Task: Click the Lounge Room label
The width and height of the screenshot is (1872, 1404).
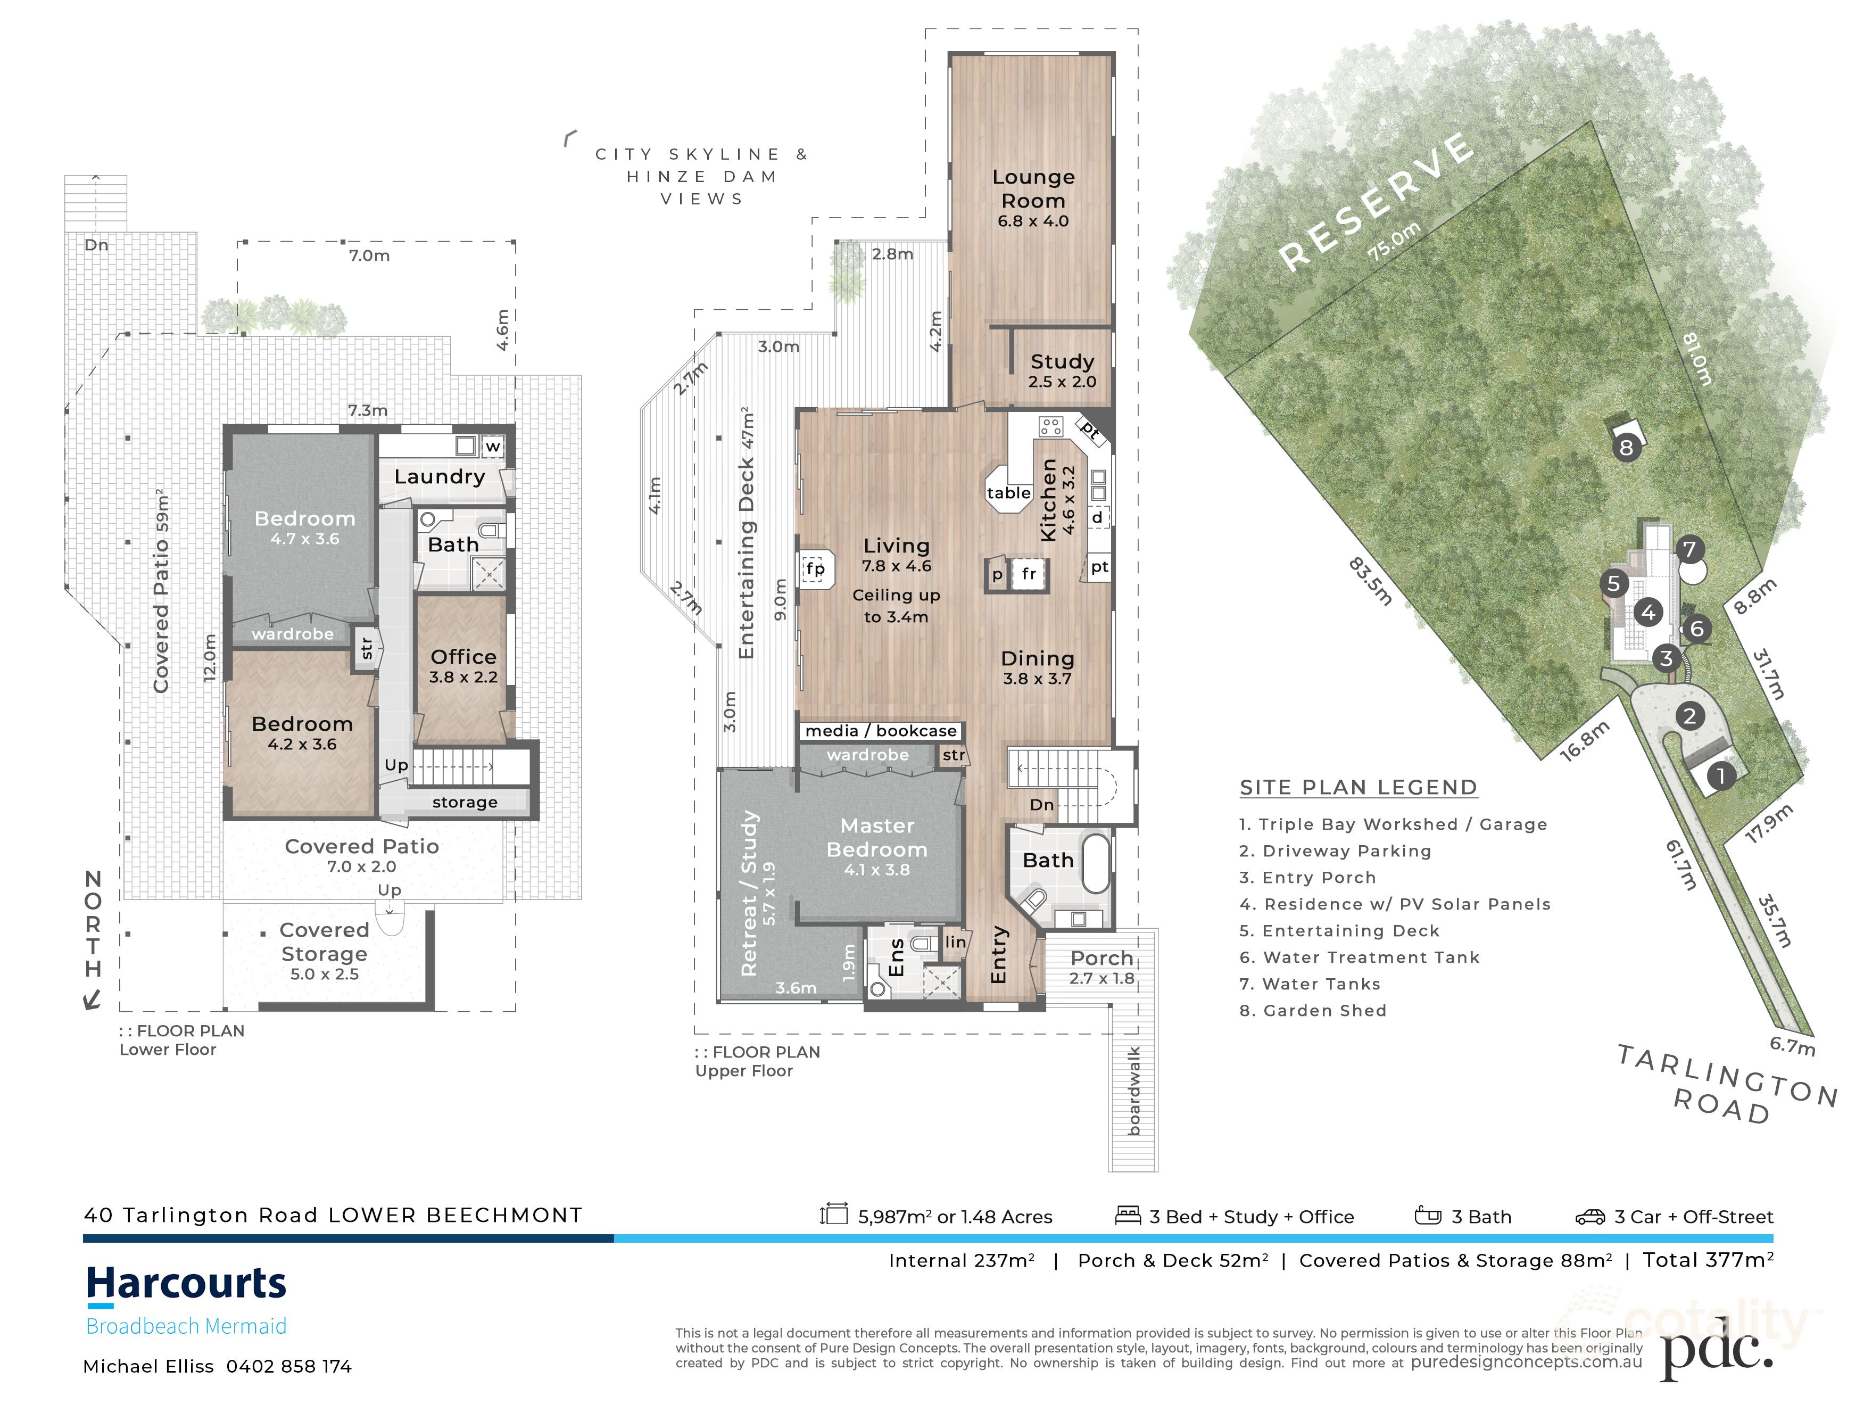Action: click(x=1033, y=189)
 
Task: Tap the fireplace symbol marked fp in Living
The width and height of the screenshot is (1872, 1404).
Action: click(x=815, y=569)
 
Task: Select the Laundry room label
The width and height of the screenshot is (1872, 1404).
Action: click(x=439, y=476)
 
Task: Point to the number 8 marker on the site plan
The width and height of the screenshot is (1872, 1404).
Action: click(x=1626, y=447)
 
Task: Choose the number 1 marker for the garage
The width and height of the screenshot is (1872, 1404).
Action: click(x=1720, y=776)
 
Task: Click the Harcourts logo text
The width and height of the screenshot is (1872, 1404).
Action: click(x=186, y=1283)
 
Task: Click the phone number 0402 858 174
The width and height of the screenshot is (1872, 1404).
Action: click(x=288, y=1366)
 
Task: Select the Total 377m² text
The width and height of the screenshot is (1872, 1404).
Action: click(x=1708, y=1260)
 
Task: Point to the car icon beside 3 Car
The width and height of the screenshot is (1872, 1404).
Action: click(x=1589, y=1217)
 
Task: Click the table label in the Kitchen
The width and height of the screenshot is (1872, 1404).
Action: click(x=1009, y=492)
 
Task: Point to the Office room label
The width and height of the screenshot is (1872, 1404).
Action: click(x=463, y=657)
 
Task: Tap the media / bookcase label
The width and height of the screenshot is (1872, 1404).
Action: click(x=881, y=730)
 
